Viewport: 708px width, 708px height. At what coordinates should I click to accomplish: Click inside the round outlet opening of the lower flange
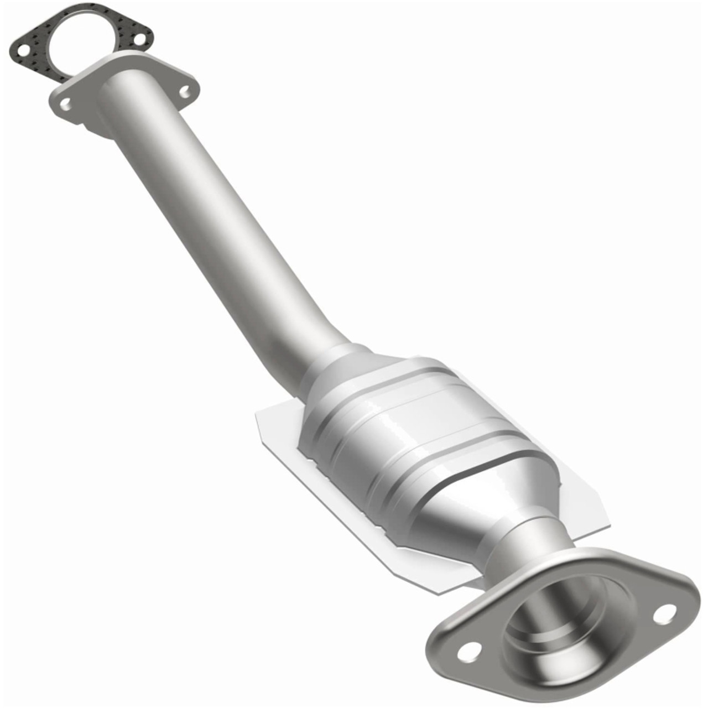point(564,619)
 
